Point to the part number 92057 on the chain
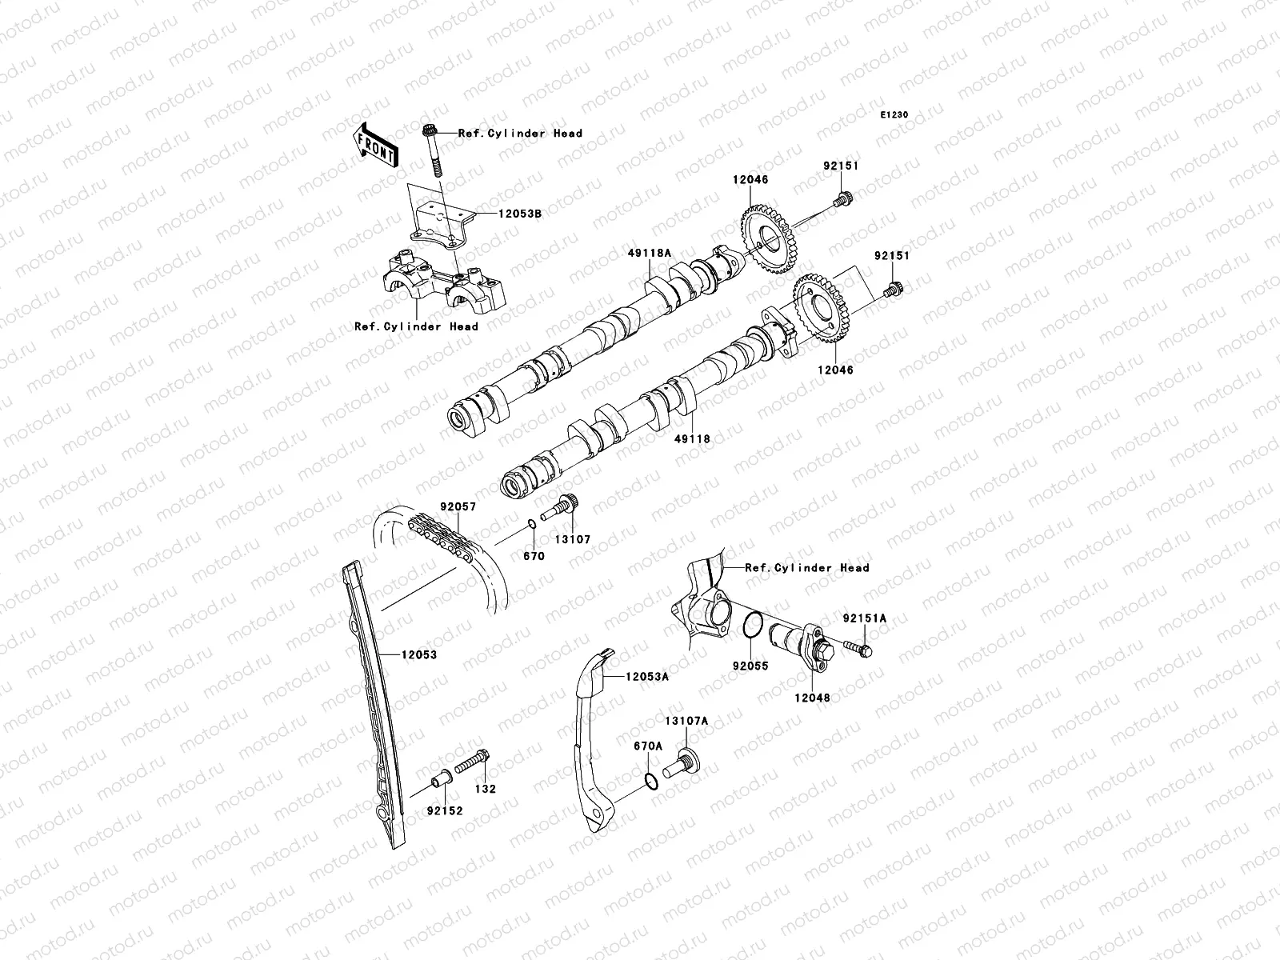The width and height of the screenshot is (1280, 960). pos(457,507)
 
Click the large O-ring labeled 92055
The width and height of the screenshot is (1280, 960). pos(751,626)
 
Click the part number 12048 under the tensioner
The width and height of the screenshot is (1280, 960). pos(812,698)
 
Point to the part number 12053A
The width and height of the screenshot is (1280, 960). pos(647,677)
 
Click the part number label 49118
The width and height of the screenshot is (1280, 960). pos(692,439)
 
